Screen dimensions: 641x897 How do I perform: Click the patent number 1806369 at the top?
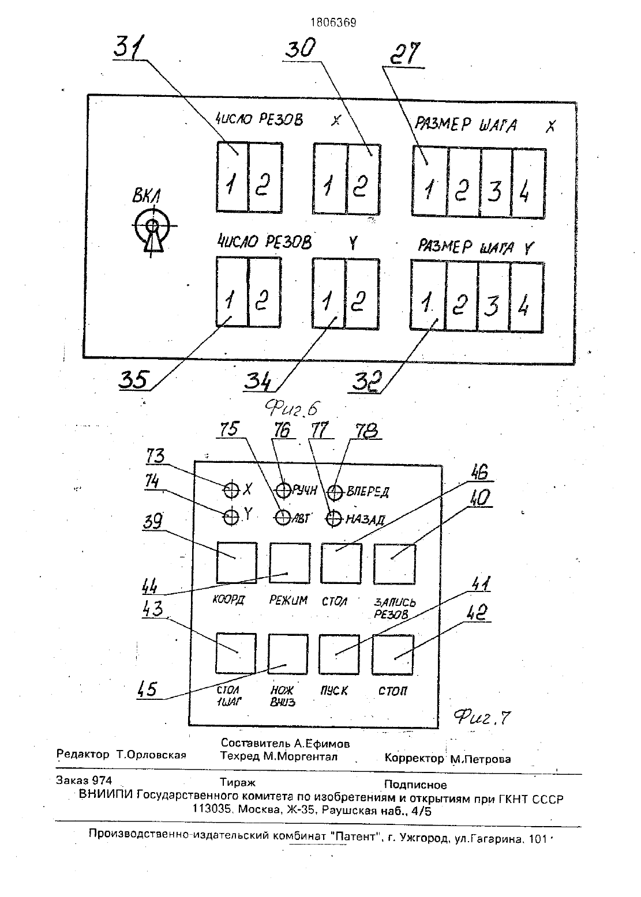pos(333,22)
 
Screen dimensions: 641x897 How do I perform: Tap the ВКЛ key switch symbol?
pos(152,232)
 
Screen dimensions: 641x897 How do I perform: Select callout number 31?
pos(129,47)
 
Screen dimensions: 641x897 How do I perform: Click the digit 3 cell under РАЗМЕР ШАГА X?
pos(496,183)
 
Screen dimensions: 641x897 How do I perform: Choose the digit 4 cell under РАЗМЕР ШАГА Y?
pos(526,297)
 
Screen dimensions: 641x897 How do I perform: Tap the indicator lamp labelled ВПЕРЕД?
pos(335,492)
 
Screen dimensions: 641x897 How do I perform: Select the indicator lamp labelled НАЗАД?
pos(333,519)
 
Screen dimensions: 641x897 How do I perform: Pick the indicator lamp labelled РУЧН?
pos(283,490)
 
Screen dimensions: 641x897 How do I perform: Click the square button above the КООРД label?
pos(237,563)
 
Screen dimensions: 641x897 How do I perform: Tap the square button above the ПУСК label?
pos(339,654)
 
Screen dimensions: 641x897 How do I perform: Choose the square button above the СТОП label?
pos(392,655)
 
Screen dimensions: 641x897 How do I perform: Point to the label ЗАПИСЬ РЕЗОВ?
pos(394,608)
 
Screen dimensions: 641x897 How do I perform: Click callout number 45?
pos(147,689)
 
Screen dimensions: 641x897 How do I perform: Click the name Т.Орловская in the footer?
pos(151,755)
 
